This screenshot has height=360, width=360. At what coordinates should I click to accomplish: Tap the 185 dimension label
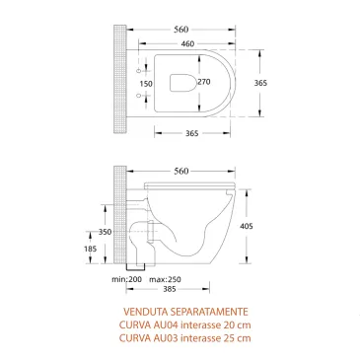pos(117,251)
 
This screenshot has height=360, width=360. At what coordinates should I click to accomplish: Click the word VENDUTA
pos(138,311)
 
